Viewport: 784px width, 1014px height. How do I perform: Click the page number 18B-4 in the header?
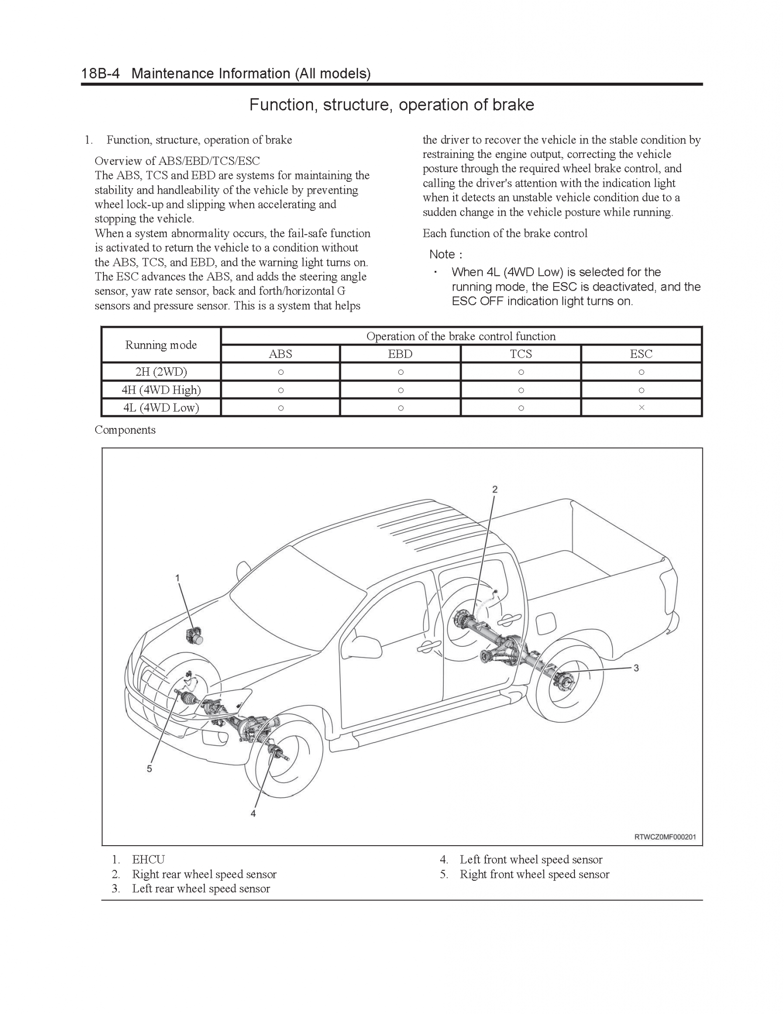point(101,74)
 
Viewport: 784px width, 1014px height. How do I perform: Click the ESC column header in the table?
point(641,354)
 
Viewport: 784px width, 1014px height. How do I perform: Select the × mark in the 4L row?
point(641,407)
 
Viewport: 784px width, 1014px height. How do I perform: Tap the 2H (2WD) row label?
point(161,372)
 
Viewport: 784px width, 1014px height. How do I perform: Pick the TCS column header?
point(521,354)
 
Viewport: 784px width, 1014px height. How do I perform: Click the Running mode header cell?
point(161,345)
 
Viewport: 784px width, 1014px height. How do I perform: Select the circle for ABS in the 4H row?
point(281,390)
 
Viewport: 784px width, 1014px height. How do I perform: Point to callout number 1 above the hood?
point(177,578)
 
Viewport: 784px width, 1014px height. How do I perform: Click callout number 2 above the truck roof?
point(494,489)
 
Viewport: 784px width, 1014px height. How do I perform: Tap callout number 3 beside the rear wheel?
point(636,668)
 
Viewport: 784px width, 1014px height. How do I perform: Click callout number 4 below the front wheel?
point(253,813)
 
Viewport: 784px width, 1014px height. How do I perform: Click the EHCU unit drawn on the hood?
point(194,635)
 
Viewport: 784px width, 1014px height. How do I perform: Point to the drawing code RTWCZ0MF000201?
point(665,837)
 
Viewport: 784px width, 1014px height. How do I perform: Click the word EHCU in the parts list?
point(148,860)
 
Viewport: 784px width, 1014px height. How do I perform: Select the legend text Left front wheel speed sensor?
point(530,860)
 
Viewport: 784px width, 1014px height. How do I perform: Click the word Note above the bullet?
point(442,254)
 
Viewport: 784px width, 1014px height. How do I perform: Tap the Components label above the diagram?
point(125,430)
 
